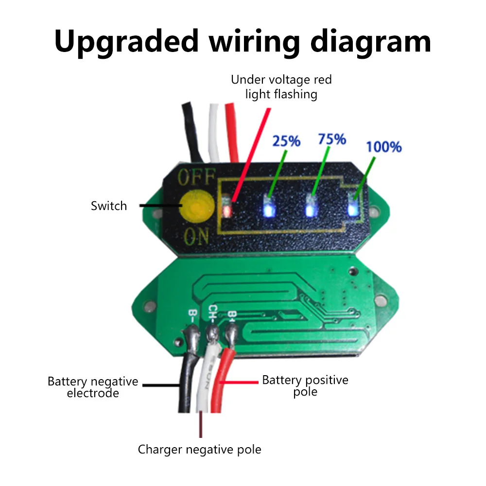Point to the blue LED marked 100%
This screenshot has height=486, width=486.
pyautogui.click(x=354, y=208)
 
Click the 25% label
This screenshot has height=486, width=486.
pyautogui.click(x=286, y=141)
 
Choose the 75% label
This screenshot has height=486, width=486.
pyautogui.click(x=332, y=139)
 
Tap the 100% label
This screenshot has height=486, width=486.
pyautogui.click(x=383, y=146)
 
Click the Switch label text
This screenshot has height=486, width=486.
pyautogui.click(x=109, y=206)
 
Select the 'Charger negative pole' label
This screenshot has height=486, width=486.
pyautogui.click(x=199, y=450)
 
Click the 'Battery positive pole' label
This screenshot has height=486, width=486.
pyautogui.click(x=305, y=385)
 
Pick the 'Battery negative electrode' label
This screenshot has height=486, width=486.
pyautogui.click(x=93, y=387)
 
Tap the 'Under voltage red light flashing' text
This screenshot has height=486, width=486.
pyautogui.click(x=281, y=87)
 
